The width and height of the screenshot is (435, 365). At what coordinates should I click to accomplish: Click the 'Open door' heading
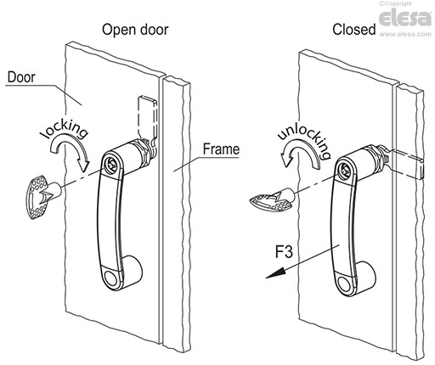135,31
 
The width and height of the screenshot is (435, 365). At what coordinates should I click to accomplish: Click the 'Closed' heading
354,30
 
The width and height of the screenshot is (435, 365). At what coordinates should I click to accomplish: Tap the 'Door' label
21,77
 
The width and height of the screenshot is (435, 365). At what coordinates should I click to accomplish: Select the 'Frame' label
221,149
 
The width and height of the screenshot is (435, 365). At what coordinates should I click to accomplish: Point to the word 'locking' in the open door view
65,129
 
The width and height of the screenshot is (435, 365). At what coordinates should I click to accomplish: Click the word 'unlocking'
305,141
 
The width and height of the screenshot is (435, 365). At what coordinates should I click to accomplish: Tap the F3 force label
284,251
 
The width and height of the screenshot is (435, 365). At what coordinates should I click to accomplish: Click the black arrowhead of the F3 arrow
274,273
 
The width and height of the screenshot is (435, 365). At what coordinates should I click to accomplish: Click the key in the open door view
44,197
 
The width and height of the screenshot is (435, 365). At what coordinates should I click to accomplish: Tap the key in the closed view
273,200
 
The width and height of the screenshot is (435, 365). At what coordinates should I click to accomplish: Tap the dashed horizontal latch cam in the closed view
405,163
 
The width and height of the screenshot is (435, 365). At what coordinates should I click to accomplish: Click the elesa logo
405,18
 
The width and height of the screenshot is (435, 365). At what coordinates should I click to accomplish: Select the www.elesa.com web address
405,34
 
